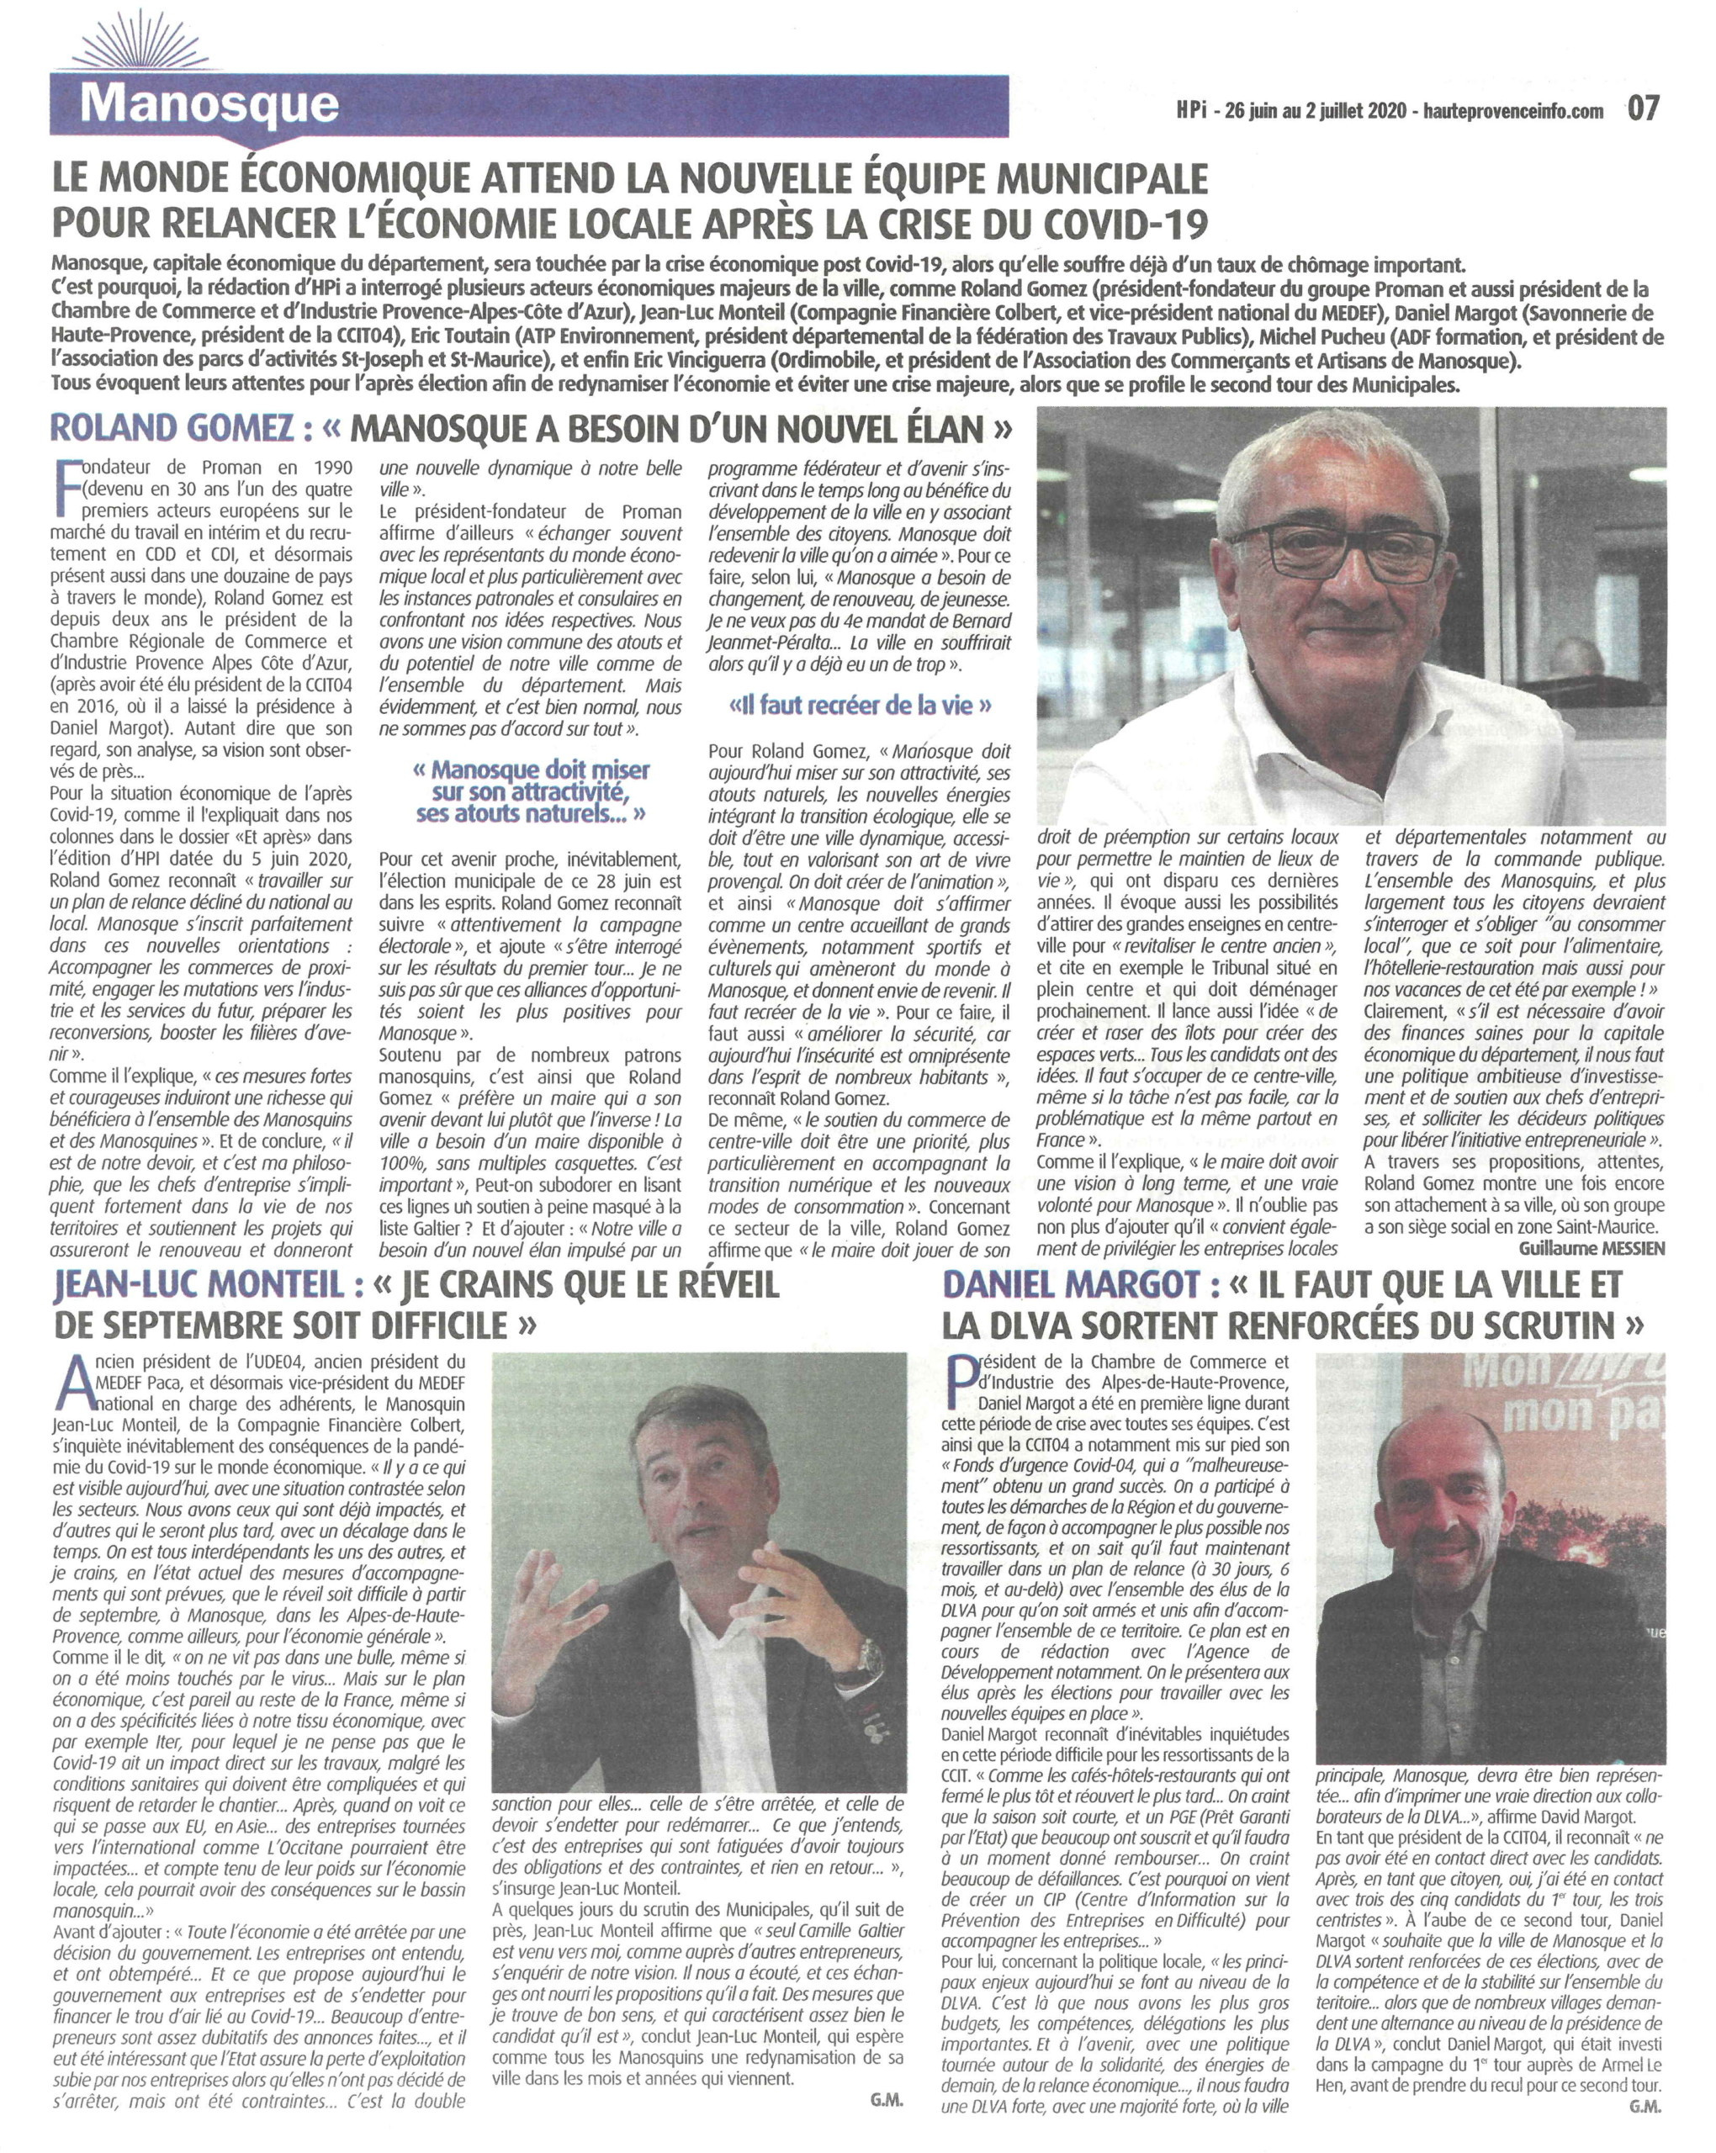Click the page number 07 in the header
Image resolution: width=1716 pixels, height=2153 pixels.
1643,108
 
